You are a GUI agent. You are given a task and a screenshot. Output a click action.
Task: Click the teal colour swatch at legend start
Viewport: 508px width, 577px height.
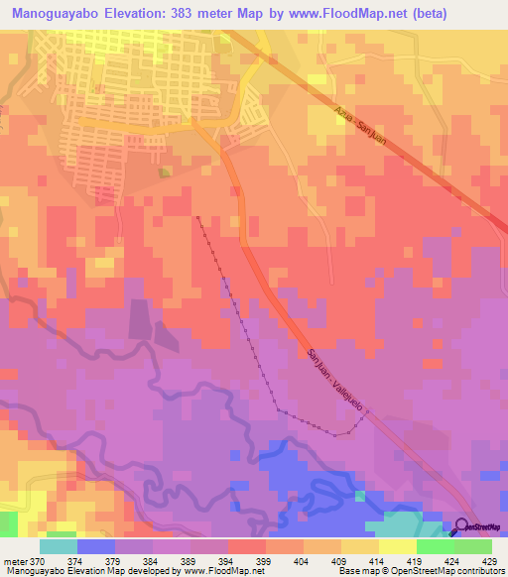(x=59, y=546)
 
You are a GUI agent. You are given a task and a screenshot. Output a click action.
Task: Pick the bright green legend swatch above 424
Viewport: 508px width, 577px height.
(x=435, y=546)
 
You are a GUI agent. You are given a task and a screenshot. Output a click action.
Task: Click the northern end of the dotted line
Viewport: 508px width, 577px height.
(x=198, y=216)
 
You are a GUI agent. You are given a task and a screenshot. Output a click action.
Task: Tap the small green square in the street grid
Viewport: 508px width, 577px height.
(x=165, y=172)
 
